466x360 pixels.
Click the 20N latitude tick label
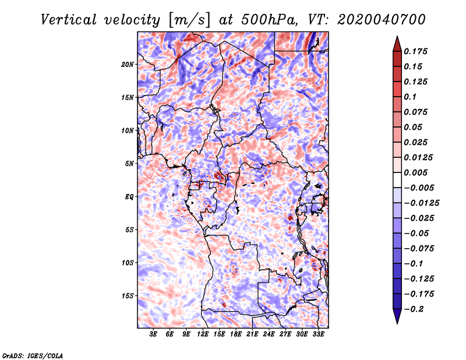pos(128,64)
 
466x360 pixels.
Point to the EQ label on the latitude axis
pos(129,197)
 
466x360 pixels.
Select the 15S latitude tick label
pos(128,296)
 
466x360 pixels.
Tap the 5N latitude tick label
pos(129,164)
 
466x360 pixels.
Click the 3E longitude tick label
pos(154,334)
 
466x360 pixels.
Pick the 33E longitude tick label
pos(318,334)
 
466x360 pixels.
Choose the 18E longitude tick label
pos(236,334)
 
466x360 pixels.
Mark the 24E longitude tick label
pos(269,334)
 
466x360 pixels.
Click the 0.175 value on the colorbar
pos(416,51)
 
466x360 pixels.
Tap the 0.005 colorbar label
pos(416,172)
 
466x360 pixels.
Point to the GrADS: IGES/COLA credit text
pos(32,355)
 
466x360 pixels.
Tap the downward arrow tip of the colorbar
pos(397,321)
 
